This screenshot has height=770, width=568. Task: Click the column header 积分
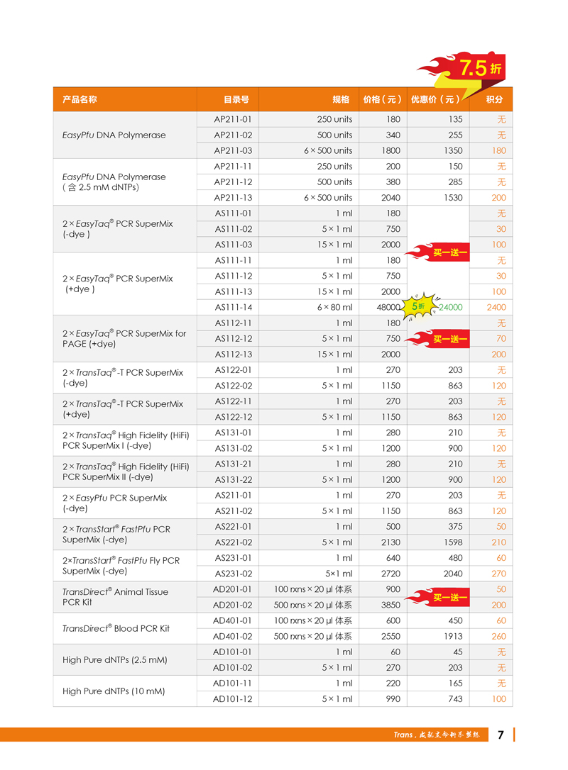(494, 100)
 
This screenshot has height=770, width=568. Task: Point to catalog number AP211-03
(232, 150)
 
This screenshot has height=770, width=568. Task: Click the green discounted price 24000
(450, 307)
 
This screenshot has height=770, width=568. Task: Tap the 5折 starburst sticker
(417, 306)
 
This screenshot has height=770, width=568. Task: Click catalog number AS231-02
(233, 574)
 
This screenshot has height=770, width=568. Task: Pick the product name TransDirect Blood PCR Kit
(116, 628)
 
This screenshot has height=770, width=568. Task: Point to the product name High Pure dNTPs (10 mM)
(114, 691)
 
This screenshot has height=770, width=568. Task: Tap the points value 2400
(496, 307)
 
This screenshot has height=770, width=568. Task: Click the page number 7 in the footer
(501, 735)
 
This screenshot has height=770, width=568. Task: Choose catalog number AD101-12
(233, 698)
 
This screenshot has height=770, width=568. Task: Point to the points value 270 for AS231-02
(498, 574)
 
